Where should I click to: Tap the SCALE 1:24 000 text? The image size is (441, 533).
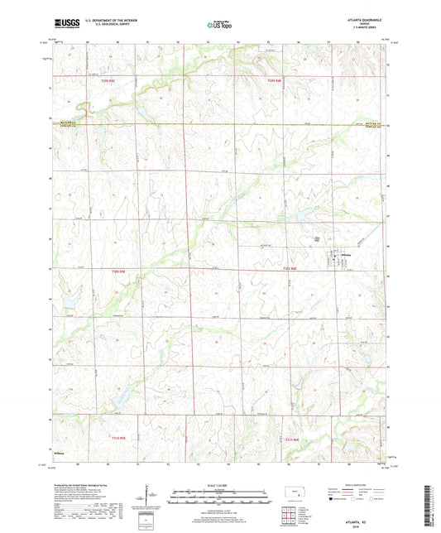[219, 486]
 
